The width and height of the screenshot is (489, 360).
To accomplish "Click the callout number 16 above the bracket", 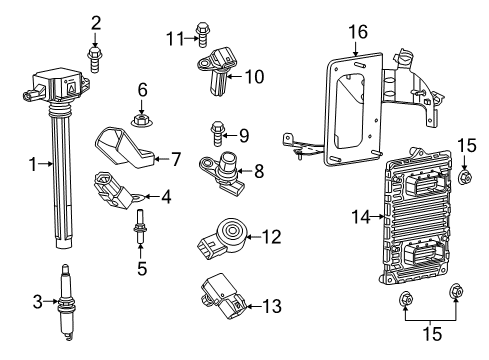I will click(358, 33).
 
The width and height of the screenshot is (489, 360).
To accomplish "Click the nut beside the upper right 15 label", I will click(466, 178).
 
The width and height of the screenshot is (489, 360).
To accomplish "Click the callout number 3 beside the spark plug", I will click(37, 301).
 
